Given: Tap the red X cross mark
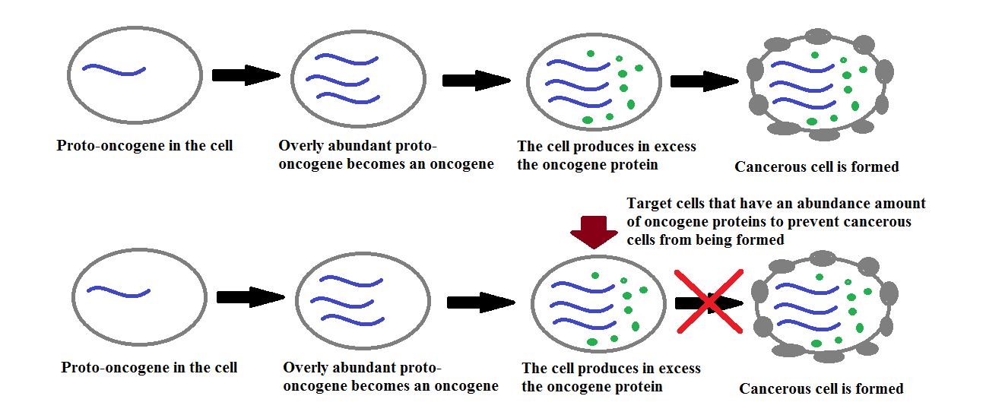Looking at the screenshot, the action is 709,302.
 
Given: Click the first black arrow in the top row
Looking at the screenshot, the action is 246,74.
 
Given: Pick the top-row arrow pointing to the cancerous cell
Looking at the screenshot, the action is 705,81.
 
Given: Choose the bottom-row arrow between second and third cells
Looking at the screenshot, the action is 481,303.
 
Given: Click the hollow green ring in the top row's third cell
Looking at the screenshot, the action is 619,59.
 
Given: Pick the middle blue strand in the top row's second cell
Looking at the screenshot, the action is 338,81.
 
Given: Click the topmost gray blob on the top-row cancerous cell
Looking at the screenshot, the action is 818,36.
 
